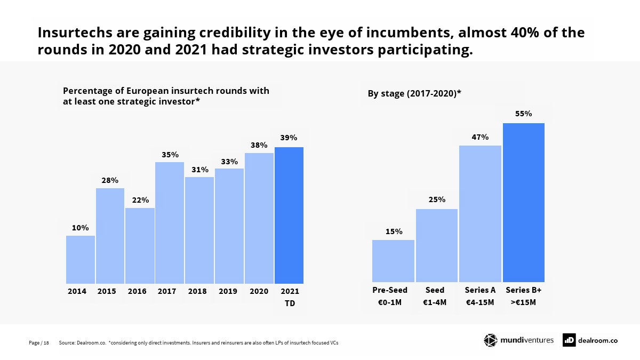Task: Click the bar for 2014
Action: tap(81, 259)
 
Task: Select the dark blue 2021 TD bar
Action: tap(289, 215)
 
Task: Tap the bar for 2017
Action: tap(170, 222)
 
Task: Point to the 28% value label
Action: tap(110, 180)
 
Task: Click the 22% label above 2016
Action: tap(140, 200)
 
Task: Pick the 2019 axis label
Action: tap(228, 292)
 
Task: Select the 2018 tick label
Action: tap(197, 292)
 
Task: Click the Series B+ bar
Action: tap(523, 202)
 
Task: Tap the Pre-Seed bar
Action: tap(393, 261)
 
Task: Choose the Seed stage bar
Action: tap(437, 245)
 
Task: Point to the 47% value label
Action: tap(480, 137)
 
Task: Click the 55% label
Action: tap(523, 114)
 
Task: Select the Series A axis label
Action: tap(480, 290)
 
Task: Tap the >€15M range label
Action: tap(523, 302)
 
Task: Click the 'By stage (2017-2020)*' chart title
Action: tap(414, 93)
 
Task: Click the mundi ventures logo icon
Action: tap(490, 340)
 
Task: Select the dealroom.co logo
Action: tap(590, 340)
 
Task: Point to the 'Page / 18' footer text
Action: tap(38, 343)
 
